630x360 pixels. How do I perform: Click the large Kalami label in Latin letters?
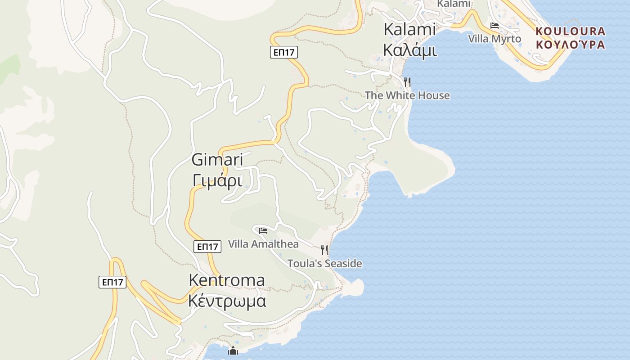[409, 30]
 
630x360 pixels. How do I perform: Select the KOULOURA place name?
[571, 31]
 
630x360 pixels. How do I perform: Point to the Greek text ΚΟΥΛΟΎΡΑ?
[571, 44]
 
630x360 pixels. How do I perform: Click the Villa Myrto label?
[495, 39]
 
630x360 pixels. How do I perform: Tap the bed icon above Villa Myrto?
[495, 26]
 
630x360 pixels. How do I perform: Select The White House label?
[407, 95]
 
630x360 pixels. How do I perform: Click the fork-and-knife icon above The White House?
[407, 82]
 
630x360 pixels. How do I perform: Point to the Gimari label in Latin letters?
[217, 160]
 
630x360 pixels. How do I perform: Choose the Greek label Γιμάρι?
[217, 180]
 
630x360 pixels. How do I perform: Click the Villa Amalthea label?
[263, 244]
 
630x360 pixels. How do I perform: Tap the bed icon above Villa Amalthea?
[263, 231]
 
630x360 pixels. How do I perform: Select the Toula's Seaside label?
[324, 264]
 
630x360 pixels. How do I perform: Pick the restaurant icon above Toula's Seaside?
[324, 250]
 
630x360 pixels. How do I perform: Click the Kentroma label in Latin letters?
[227, 280]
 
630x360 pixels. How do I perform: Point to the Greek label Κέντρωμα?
[227, 301]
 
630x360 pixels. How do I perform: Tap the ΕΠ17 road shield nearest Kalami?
[284, 52]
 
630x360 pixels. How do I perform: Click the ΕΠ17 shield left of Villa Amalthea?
[207, 247]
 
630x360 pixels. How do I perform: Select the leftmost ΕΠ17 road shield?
[112, 282]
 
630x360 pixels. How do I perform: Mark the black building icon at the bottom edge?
[233, 351]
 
